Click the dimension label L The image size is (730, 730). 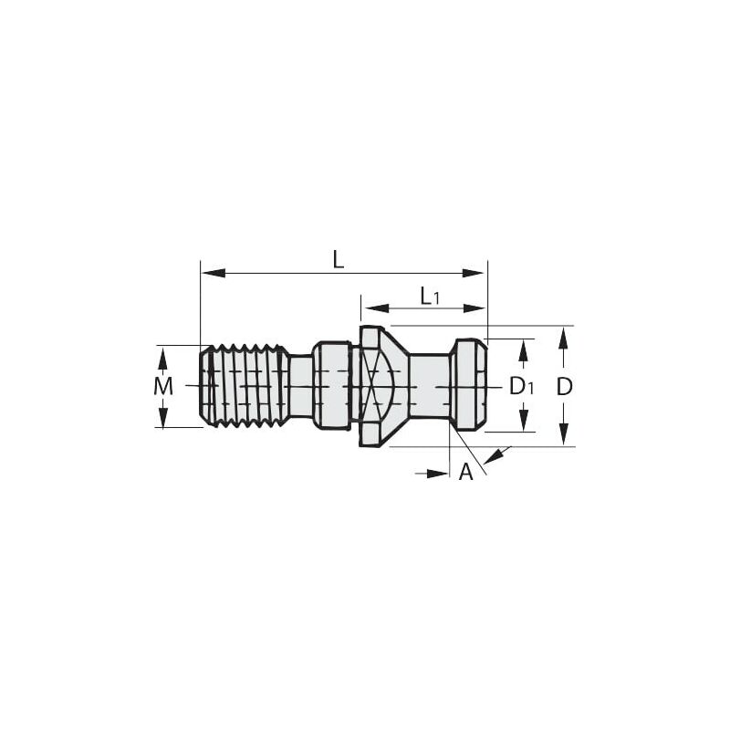point(339,260)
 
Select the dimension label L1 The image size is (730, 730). point(430,296)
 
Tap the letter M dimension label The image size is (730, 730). point(163,386)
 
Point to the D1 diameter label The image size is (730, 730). point(522,386)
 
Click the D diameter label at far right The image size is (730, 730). point(564,386)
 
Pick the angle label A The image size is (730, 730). point(465,472)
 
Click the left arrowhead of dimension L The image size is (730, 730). point(214,273)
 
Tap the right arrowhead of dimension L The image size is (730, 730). point(474,273)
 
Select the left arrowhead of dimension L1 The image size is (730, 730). point(377,308)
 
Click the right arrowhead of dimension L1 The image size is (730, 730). point(474,308)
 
